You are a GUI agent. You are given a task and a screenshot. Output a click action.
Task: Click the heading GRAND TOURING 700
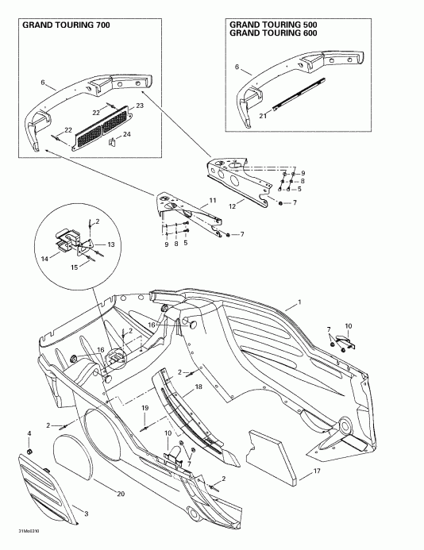point(66,25)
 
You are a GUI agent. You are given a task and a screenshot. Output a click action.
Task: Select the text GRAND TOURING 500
point(276,25)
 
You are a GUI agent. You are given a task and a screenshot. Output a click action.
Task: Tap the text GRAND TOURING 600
point(276,34)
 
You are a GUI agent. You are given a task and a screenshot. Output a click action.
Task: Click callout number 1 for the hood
point(299,302)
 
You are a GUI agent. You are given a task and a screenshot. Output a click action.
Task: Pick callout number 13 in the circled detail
point(111,244)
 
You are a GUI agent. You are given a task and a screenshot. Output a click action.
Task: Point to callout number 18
point(199,386)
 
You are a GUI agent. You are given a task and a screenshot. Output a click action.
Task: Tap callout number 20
point(121,494)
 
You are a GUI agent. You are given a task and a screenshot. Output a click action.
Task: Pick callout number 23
point(140,106)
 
